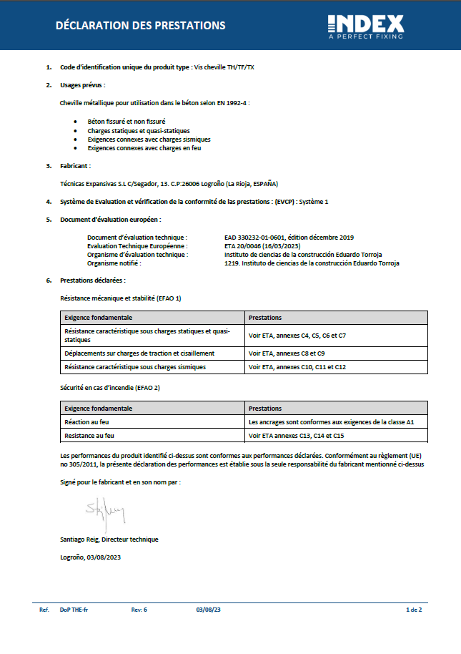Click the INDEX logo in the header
pyautogui.click(x=365, y=26)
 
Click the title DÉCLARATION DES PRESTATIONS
pyautogui.click(x=141, y=26)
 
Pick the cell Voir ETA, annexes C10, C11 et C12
pyautogui.click(x=297, y=366)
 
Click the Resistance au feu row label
pyautogui.click(x=89, y=435)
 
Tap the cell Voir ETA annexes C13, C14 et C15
pyautogui.click(x=296, y=435)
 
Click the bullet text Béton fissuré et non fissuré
pyautogui.click(x=127, y=122)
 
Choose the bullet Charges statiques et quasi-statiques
pyautogui.click(x=139, y=131)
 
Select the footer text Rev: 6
pyautogui.click(x=139, y=610)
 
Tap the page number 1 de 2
pyautogui.click(x=414, y=610)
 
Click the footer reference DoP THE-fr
pyautogui.click(x=74, y=610)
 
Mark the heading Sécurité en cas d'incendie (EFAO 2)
pyautogui.click(x=110, y=387)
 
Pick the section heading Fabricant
pyautogui.click(x=76, y=166)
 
